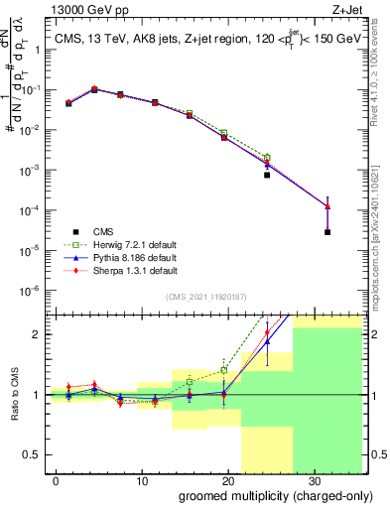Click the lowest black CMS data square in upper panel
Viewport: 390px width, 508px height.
click(327, 232)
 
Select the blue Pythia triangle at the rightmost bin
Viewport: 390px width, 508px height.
click(327, 206)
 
